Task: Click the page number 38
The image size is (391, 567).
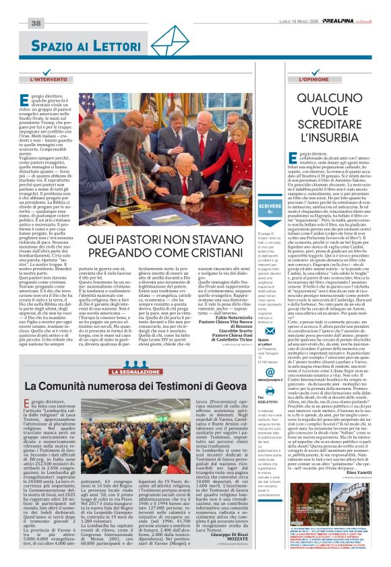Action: pyautogui.click(x=36, y=24)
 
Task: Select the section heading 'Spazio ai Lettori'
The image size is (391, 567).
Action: pyautogui.click(x=86, y=46)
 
